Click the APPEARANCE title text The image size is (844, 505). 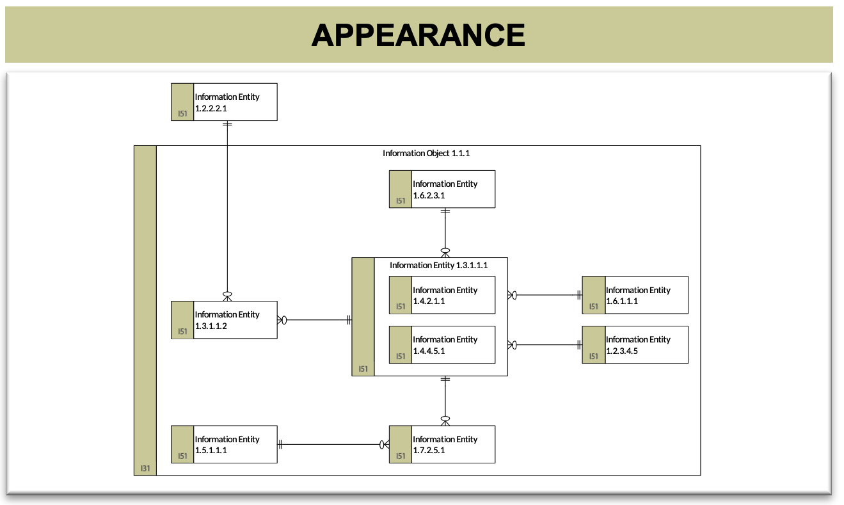(x=418, y=35)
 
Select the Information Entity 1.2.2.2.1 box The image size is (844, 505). (x=224, y=102)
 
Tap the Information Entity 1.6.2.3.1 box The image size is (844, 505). (x=442, y=189)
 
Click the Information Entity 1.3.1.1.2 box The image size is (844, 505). (x=224, y=320)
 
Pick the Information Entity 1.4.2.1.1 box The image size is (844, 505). (x=442, y=295)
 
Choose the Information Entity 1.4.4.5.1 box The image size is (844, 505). (x=442, y=345)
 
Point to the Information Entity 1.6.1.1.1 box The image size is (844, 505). (x=635, y=295)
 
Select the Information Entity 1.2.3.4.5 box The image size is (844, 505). (x=635, y=345)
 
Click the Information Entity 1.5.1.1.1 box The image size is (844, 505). (x=224, y=444)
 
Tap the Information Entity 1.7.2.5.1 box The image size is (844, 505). (x=442, y=444)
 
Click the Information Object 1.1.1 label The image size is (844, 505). (x=426, y=154)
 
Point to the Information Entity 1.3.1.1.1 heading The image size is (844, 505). (x=438, y=266)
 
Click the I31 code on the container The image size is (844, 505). (x=145, y=469)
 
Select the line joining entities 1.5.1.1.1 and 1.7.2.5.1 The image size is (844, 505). (x=333, y=445)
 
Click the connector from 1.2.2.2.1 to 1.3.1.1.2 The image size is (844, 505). (x=227, y=211)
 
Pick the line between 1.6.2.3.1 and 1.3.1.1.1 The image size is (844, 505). (x=445, y=233)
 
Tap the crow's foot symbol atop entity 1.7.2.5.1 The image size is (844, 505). (x=445, y=421)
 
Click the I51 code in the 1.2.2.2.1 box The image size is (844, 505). (x=182, y=114)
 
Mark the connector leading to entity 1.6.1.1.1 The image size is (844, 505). (x=545, y=295)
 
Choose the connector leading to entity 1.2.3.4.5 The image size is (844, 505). (x=545, y=345)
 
